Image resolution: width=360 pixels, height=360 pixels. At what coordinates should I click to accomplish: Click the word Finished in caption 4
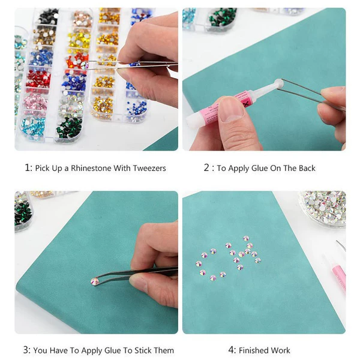pyautogui.click(x=253, y=350)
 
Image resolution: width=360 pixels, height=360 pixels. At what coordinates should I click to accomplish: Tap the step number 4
pyautogui.click(x=231, y=350)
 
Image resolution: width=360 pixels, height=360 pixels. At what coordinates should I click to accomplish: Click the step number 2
pyautogui.click(x=206, y=168)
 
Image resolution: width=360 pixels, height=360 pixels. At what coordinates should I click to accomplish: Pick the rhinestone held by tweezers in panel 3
pyautogui.click(x=95, y=281)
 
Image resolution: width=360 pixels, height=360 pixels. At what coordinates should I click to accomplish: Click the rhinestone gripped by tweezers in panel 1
pyautogui.click(x=85, y=65)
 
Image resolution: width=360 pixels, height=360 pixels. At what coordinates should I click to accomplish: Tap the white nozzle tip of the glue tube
pyautogui.click(x=278, y=83)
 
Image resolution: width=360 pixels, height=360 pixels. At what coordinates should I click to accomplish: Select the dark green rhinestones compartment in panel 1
pyautogui.click(x=69, y=128)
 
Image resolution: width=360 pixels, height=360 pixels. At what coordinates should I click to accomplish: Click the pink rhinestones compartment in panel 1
pyautogui.click(x=35, y=103)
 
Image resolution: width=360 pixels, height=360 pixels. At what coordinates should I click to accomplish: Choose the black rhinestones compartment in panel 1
pyautogui.click(x=48, y=17)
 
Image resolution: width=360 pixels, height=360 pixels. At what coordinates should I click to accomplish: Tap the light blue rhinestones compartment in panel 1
pyautogui.click(x=33, y=127)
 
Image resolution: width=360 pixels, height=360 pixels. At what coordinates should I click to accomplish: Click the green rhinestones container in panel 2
pyautogui.click(x=223, y=19)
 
